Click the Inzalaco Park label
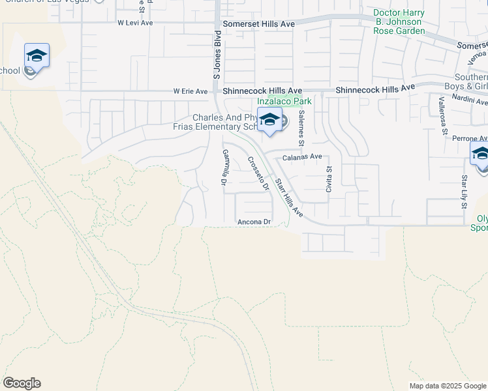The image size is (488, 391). (284, 101)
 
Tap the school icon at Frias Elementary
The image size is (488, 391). (269, 120)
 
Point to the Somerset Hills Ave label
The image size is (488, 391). (258, 23)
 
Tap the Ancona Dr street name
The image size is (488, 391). (254, 222)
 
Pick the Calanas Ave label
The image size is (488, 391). (302, 157)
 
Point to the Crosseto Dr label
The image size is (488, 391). (258, 173)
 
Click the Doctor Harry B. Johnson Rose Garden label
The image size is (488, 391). (399, 22)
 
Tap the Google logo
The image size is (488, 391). (22, 383)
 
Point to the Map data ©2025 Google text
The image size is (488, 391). (448, 386)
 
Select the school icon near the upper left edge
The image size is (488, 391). (37, 57)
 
